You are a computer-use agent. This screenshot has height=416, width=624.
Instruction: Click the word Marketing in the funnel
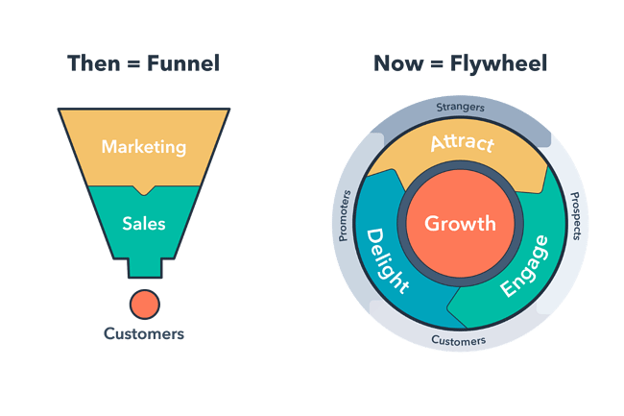144,148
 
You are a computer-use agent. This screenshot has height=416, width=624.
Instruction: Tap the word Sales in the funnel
144,224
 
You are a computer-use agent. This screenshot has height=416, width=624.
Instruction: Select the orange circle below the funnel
145,304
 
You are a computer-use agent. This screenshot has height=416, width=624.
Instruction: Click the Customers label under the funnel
144,334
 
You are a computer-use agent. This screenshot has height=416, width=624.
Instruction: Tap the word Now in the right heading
396,64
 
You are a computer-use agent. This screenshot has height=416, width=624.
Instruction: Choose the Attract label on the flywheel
462,145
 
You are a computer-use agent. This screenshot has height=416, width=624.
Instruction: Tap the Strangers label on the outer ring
460,108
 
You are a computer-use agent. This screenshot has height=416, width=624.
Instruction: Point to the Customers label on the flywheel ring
458,340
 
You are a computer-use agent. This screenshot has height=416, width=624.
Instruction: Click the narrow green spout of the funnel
144,268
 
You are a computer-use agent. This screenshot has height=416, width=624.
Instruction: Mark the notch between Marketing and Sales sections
144,189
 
